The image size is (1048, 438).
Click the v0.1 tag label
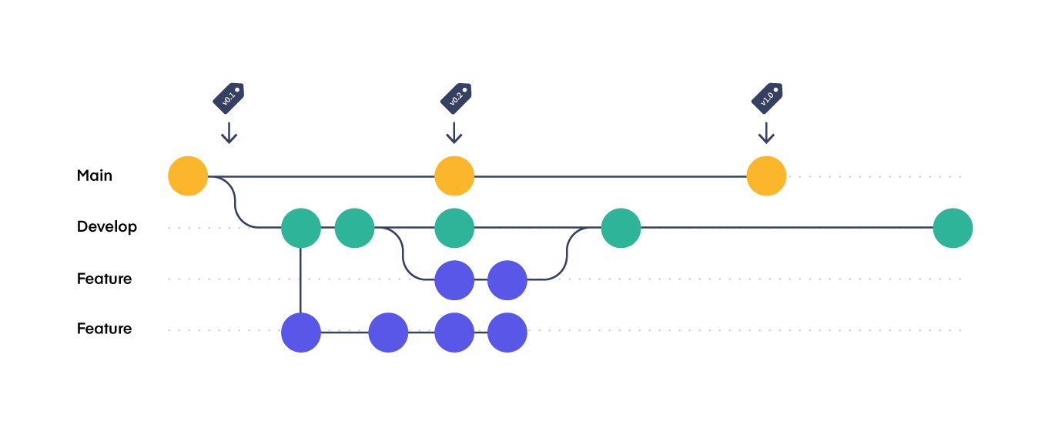tap(229, 99)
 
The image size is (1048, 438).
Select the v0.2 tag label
tap(456, 99)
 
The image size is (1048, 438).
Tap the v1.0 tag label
tap(767, 99)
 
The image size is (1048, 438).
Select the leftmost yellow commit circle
tap(188, 176)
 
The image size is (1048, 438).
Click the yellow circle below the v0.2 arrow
tap(454, 176)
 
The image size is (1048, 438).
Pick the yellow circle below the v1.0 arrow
tap(766, 176)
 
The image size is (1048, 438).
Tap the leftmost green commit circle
tap(301, 228)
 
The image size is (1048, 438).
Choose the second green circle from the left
tap(354, 228)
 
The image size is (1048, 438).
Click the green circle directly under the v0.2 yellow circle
tap(454, 228)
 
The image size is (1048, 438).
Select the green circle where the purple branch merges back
tap(621, 228)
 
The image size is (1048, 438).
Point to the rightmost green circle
tap(953, 228)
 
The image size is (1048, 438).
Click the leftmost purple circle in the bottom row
tap(301, 333)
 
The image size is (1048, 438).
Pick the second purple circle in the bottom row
tap(388, 333)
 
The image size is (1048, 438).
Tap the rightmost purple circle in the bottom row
tap(507, 333)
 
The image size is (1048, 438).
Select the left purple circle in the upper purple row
tap(454, 280)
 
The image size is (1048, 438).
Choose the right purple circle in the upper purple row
tap(507, 280)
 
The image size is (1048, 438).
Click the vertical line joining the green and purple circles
tap(300, 280)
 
